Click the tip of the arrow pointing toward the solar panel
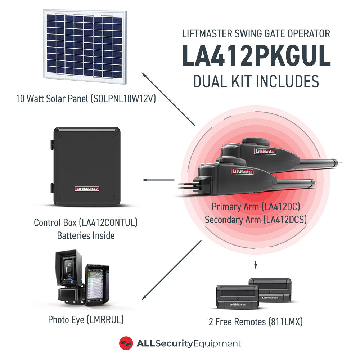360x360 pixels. click(142, 73)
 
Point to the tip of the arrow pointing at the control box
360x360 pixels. click(142, 180)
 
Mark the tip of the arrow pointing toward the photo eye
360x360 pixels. click(142, 300)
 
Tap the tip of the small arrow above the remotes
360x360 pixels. click(256, 269)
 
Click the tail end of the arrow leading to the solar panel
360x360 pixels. click(195, 126)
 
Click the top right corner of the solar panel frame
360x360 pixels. click(127, 11)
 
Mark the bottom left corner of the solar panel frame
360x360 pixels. click(44, 78)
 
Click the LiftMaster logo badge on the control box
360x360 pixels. click(87, 189)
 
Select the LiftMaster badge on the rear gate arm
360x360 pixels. click(265, 151)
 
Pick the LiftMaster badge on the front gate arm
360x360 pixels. click(242, 171)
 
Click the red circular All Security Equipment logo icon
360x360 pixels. click(126, 343)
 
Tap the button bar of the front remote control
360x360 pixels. click(237, 291)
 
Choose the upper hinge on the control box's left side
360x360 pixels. click(52, 145)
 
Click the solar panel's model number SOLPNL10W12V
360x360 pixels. click(123, 99)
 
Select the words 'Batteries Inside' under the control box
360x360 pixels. click(86, 235)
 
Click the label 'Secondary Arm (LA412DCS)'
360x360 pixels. click(256, 220)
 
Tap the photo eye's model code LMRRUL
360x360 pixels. click(105, 320)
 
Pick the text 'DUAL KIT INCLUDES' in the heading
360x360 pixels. click(256, 81)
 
